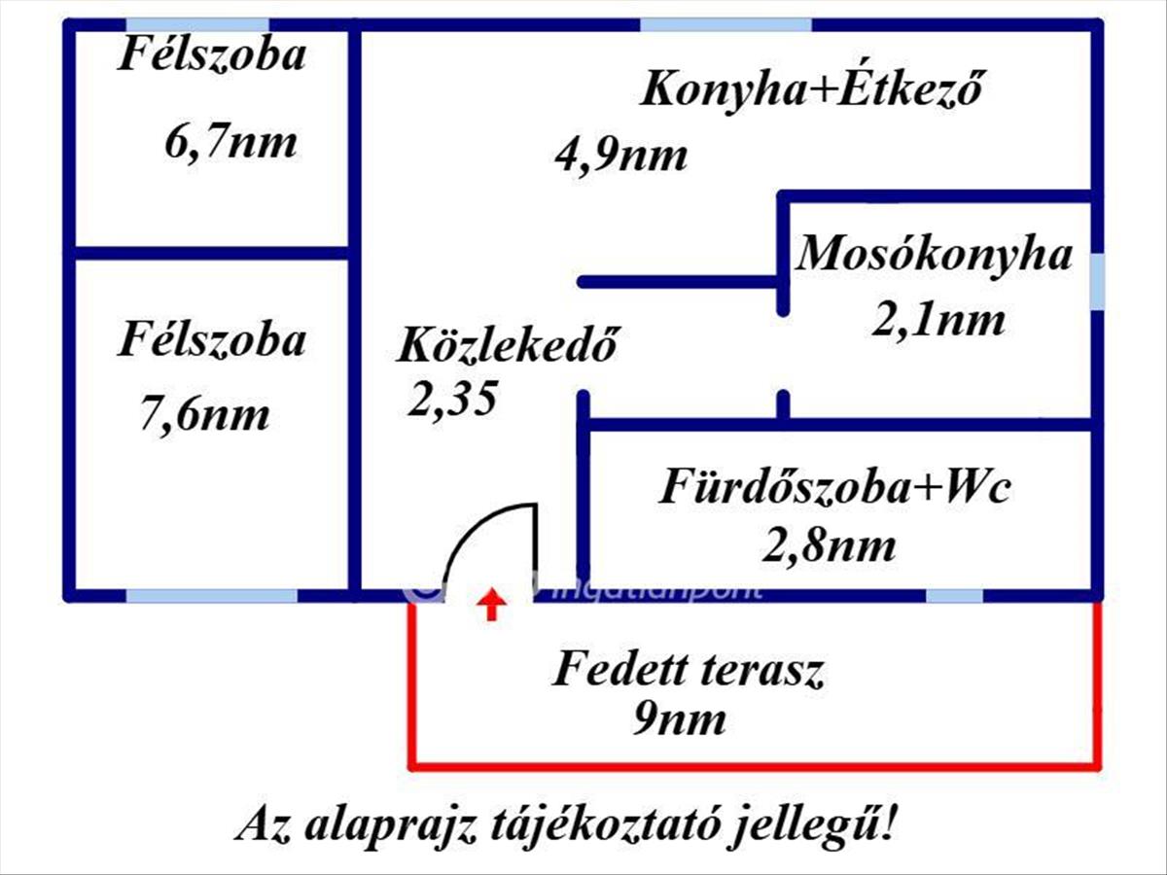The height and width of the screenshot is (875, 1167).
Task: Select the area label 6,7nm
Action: [x=231, y=143]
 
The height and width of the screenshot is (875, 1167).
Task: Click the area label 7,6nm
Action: [x=205, y=415]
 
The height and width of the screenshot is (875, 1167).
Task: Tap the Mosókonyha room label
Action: [x=935, y=254]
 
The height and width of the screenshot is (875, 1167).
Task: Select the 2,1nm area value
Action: [x=937, y=318]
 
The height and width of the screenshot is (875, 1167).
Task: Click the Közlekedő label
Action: [x=507, y=345]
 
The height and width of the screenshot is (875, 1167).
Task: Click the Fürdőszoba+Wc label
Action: [x=835, y=486]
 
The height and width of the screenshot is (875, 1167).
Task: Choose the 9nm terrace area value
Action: [x=680, y=720]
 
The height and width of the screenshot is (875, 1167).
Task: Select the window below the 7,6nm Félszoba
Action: [x=211, y=595]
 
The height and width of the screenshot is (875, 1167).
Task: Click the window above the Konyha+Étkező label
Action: [x=725, y=24]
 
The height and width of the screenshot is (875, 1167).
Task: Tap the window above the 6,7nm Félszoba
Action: [x=197, y=24]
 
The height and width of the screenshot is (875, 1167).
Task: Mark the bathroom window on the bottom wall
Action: [x=953, y=595]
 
